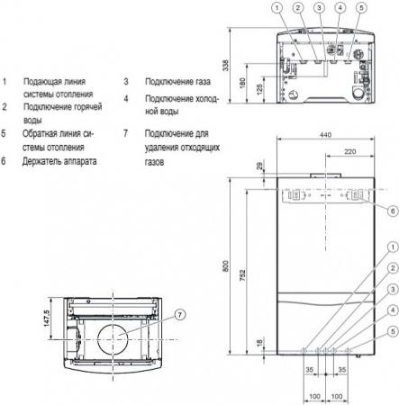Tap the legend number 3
pos(128,80)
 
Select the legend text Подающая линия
pos(56,80)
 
